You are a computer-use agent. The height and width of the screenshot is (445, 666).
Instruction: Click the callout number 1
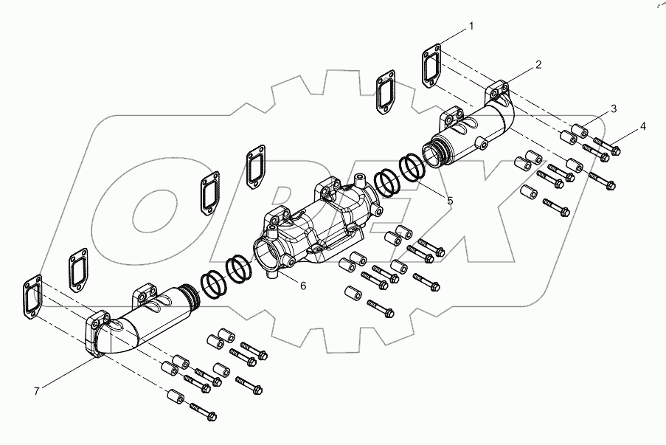pos(472,27)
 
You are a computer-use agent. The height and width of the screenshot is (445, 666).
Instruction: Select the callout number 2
pos(538,64)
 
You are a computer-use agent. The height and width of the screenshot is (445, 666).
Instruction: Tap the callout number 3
pos(613,110)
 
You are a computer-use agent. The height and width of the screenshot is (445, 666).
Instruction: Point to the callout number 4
pos(643,126)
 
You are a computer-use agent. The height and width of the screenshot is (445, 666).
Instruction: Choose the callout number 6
pos(303,285)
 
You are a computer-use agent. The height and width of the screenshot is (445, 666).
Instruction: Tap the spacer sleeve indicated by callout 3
pos(579,131)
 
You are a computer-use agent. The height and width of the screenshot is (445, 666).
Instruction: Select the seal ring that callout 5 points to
pos(412,169)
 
